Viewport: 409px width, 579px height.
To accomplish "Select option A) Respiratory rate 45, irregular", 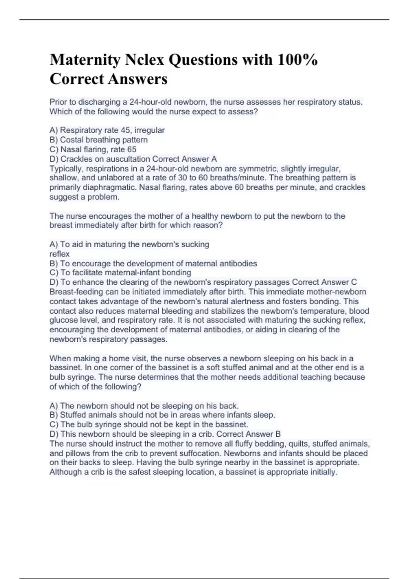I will (107, 130).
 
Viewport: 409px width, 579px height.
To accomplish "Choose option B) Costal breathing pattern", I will (99, 140).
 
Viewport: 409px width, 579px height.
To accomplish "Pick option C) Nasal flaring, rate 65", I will (93, 149).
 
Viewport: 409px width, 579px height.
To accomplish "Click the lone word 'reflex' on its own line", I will (59, 254).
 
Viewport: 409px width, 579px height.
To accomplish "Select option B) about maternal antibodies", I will (153, 263).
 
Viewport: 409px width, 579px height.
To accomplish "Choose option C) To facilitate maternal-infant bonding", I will (120, 272).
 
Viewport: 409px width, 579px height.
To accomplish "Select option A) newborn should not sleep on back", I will (144, 406).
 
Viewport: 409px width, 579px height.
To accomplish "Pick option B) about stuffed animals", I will (162, 415).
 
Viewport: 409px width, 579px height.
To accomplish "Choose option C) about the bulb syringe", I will (149, 424).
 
